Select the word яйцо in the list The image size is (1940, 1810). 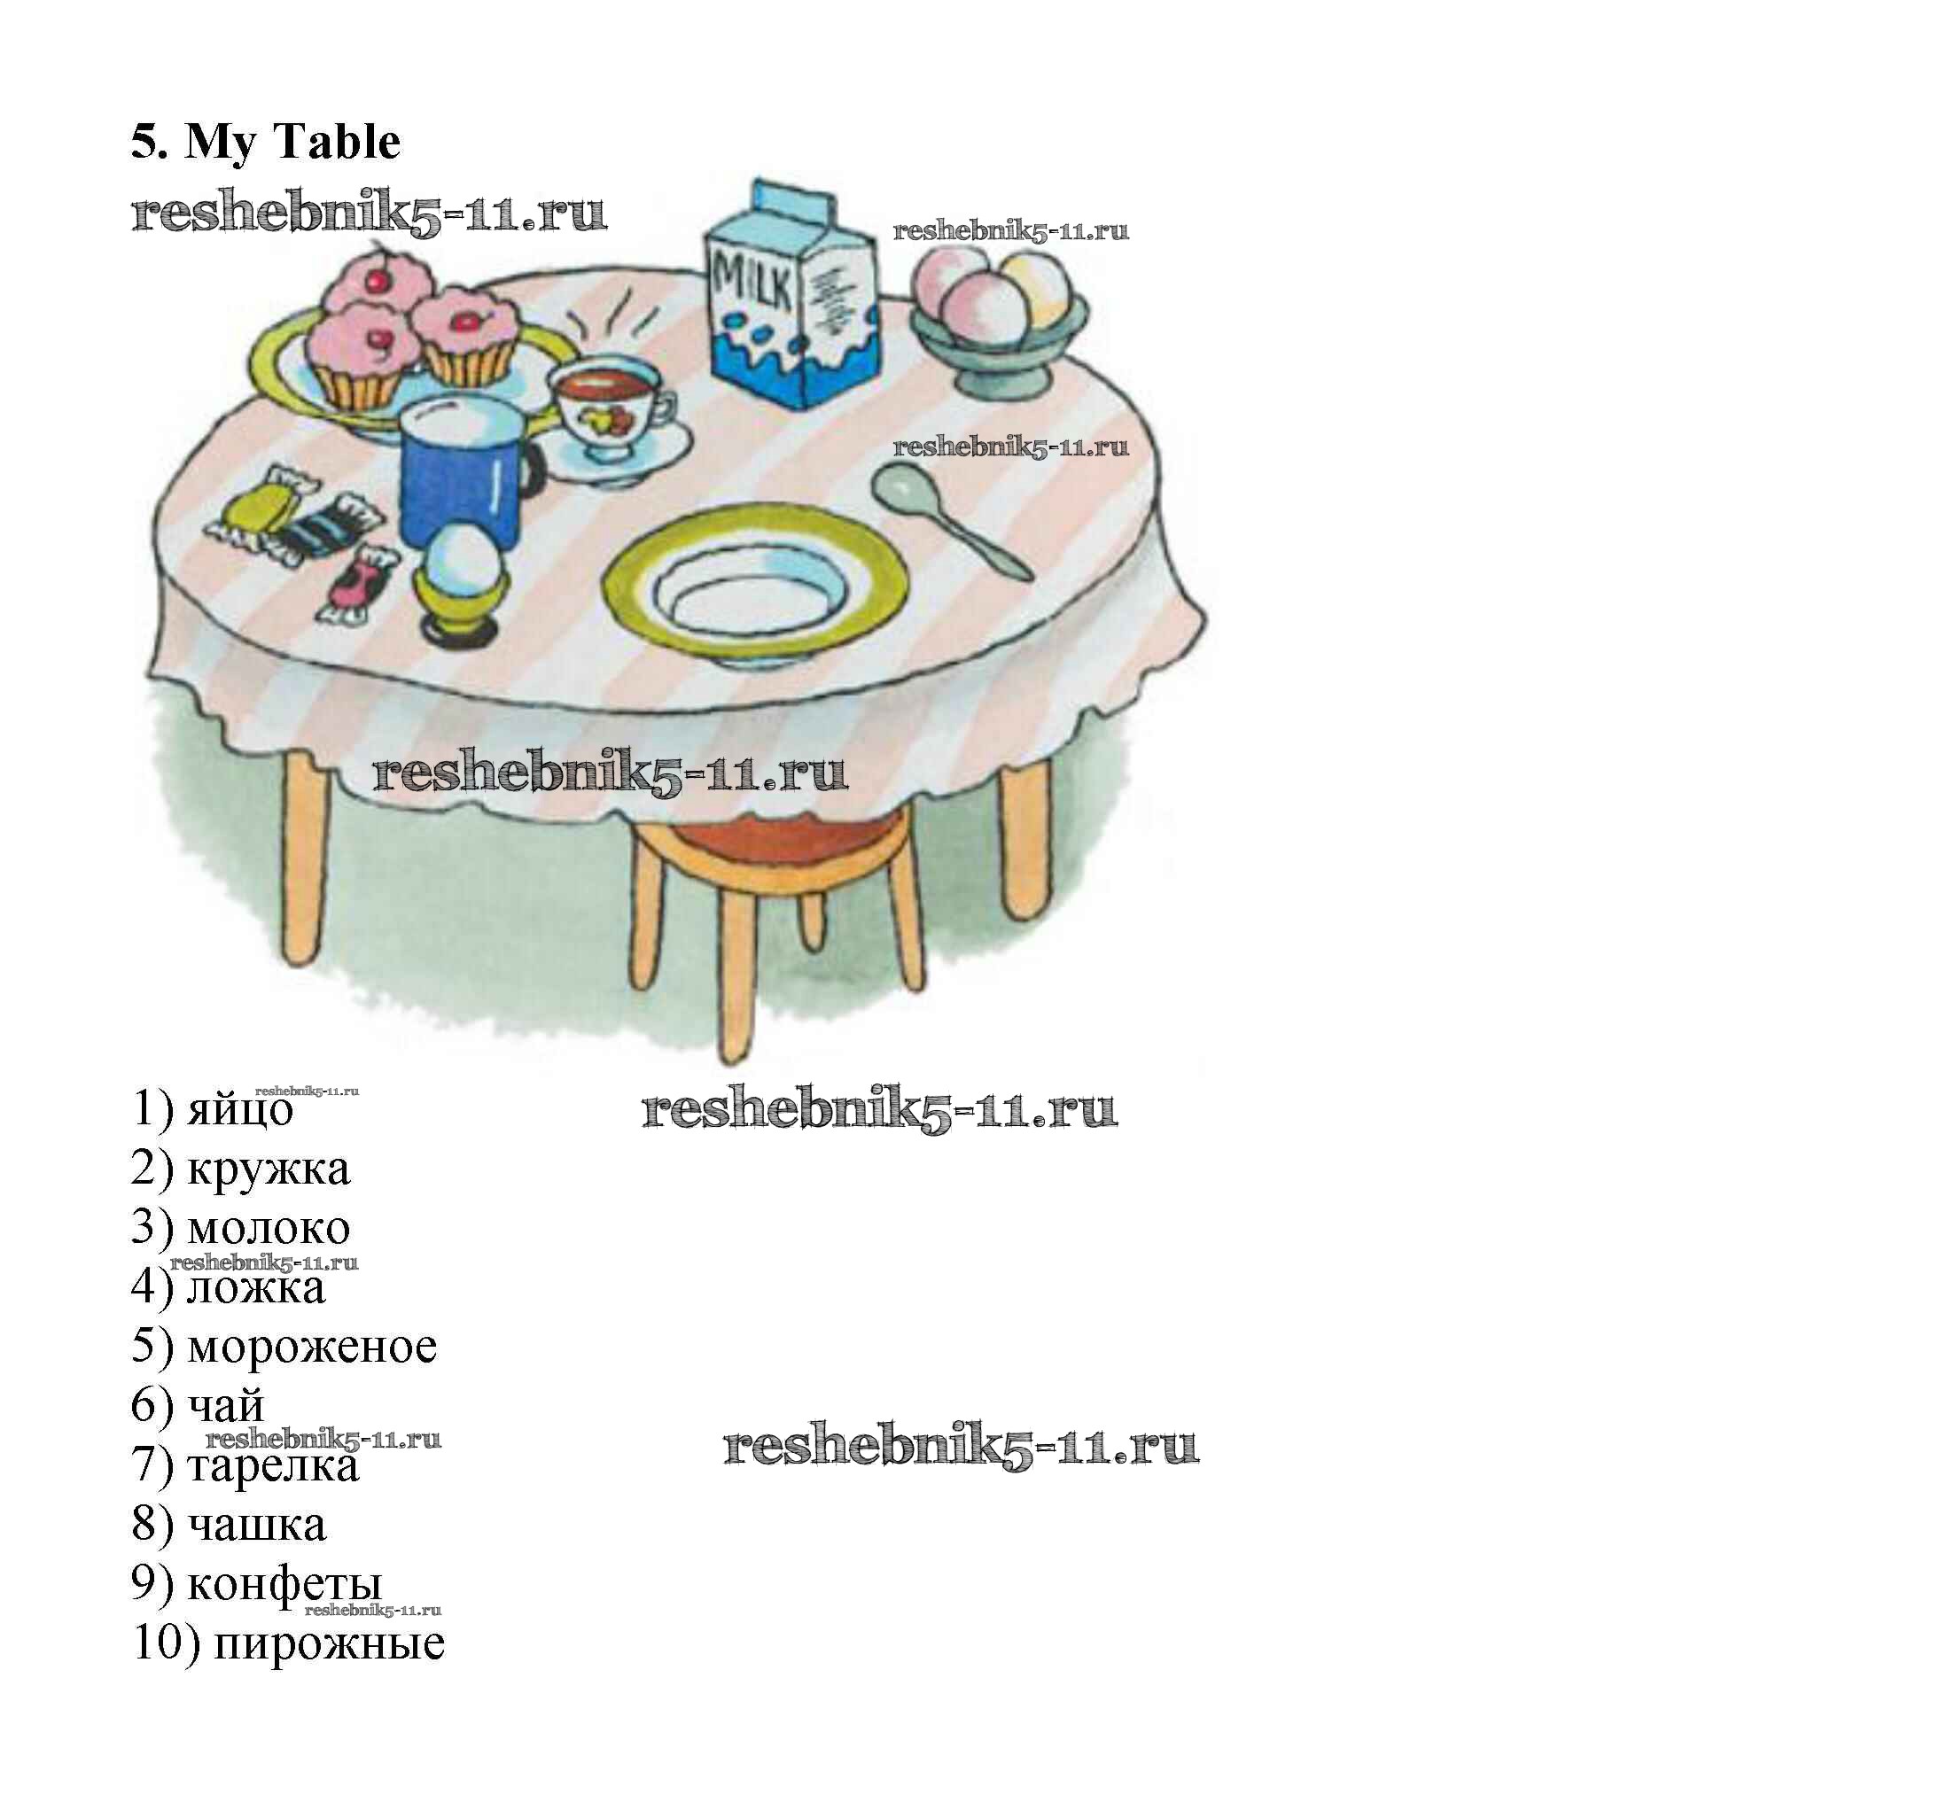pyautogui.click(x=240, y=1109)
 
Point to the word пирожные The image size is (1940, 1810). pyautogui.click(x=330, y=1643)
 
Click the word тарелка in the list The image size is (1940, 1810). pyautogui.click(x=273, y=1464)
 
